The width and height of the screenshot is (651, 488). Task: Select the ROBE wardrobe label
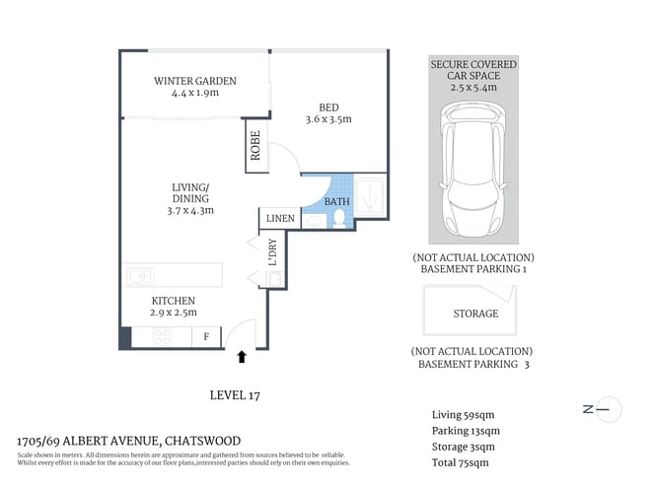tap(254, 148)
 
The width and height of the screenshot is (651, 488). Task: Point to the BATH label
tap(337, 202)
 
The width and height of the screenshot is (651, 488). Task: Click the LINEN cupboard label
tap(276, 218)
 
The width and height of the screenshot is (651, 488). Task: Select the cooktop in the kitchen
tap(158, 338)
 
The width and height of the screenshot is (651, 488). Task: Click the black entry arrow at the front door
tap(244, 355)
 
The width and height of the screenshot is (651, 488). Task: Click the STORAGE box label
tap(475, 314)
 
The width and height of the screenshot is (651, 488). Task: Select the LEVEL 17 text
tap(235, 395)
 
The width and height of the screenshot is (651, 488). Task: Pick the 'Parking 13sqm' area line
tap(467, 431)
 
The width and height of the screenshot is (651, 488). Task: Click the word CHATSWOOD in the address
tap(202, 441)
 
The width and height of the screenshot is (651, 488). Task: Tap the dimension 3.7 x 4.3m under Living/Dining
tap(190, 210)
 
